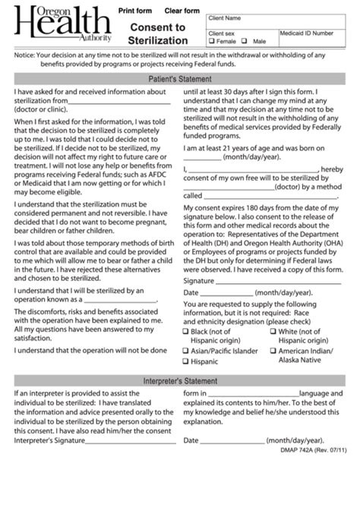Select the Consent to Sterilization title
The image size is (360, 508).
[x=159, y=33]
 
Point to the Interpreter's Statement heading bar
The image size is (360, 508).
[x=180, y=380]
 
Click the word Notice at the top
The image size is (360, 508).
[x=26, y=55]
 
